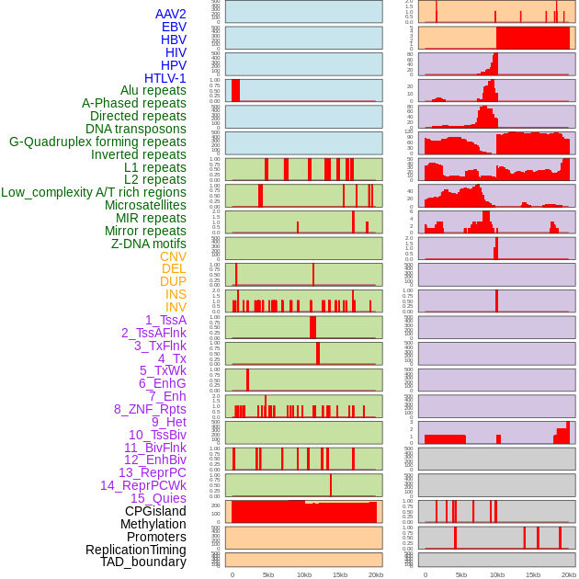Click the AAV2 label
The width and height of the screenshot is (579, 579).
click(x=170, y=14)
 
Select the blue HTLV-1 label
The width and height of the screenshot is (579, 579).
click(x=165, y=78)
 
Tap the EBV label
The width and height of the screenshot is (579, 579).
click(x=174, y=27)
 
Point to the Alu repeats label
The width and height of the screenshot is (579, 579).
click(x=153, y=90)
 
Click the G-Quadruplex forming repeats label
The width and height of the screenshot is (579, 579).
click(x=97, y=142)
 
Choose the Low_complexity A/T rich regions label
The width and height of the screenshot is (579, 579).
click(x=94, y=192)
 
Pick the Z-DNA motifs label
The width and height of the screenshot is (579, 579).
click(x=149, y=244)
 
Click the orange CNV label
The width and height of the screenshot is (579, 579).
click(x=173, y=256)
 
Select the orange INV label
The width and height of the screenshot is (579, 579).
click(x=176, y=307)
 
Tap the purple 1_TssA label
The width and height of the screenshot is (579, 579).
click(x=165, y=320)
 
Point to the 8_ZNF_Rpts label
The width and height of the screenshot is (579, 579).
click(x=150, y=409)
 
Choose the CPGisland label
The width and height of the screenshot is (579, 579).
click(x=155, y=511)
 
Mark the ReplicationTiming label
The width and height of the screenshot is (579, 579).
click(x=135, y=550)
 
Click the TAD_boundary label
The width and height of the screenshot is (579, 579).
click(x=143, y=562)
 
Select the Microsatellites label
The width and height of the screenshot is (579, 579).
click(x=145, y=205)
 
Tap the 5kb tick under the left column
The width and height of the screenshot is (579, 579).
click(x=268, y=574)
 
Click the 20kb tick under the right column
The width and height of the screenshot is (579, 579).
click(x=569, y=574)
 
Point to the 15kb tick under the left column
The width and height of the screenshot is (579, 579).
click(x=340, y=574)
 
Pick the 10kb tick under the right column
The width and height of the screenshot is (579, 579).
click(x=497, y=574)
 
